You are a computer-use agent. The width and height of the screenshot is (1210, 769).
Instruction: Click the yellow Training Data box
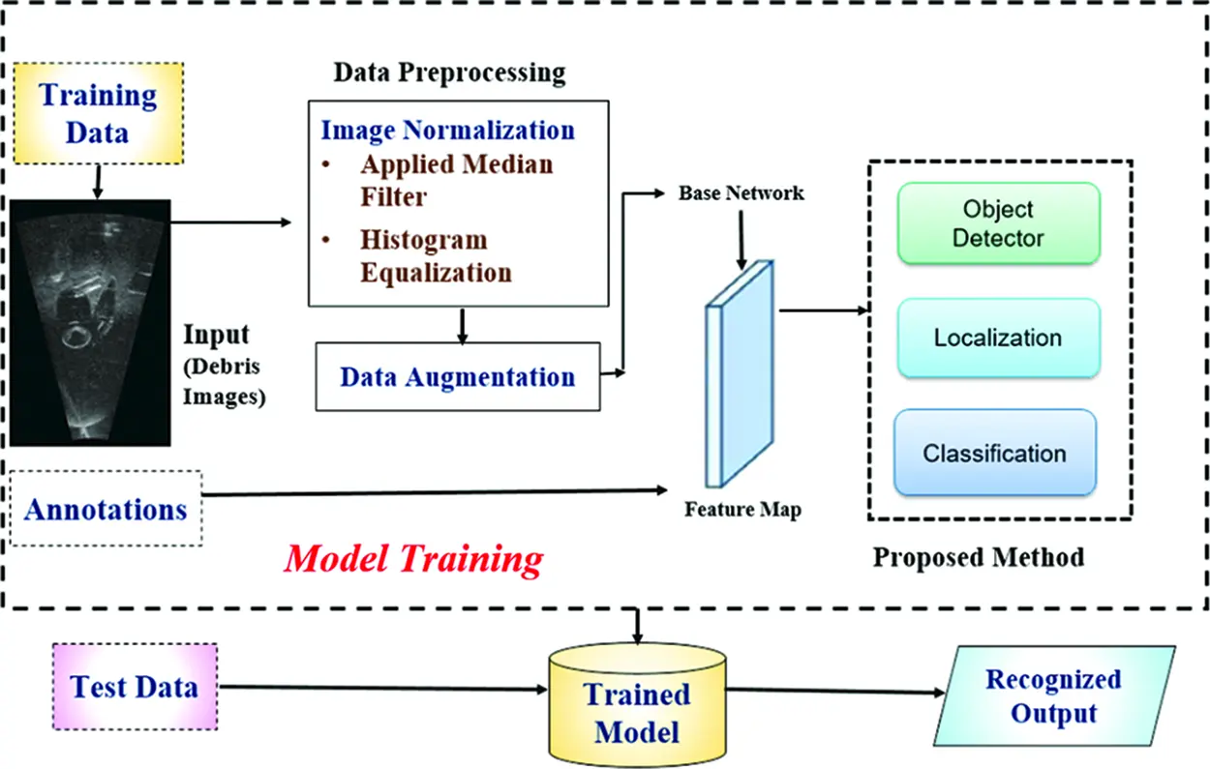(99, 113)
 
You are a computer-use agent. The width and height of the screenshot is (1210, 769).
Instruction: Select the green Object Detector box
(999, 223)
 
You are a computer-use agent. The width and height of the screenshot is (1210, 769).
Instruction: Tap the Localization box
(999, 338)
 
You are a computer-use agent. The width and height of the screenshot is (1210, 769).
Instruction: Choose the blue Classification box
(995, 453)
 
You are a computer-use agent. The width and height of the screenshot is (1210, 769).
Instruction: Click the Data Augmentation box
(458, 376)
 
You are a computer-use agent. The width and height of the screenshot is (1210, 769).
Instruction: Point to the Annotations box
(106, 509)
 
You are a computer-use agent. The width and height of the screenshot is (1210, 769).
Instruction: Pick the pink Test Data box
(136, 687)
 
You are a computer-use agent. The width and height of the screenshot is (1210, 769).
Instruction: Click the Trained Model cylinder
(637, 705)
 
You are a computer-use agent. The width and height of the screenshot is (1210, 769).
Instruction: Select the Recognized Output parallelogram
(1054, 695)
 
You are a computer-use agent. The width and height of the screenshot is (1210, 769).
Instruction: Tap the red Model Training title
(413, 558)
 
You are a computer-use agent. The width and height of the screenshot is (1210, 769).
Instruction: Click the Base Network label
(741, 193)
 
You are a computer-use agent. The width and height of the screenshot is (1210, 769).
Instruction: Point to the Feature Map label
(742, 509)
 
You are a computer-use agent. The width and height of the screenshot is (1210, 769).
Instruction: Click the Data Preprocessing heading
(449, 73)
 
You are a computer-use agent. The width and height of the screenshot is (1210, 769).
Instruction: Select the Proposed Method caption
(979, 557)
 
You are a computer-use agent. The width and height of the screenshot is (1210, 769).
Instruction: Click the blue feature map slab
(741, 374)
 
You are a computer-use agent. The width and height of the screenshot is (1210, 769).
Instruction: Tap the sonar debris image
(90, 323)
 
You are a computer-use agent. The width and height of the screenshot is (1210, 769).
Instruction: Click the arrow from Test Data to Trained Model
(383, 688)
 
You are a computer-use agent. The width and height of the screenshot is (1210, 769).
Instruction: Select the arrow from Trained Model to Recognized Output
(835, 691)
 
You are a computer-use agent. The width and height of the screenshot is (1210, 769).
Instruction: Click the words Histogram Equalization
(436, 255)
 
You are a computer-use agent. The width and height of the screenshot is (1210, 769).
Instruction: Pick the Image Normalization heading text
(448, 130)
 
